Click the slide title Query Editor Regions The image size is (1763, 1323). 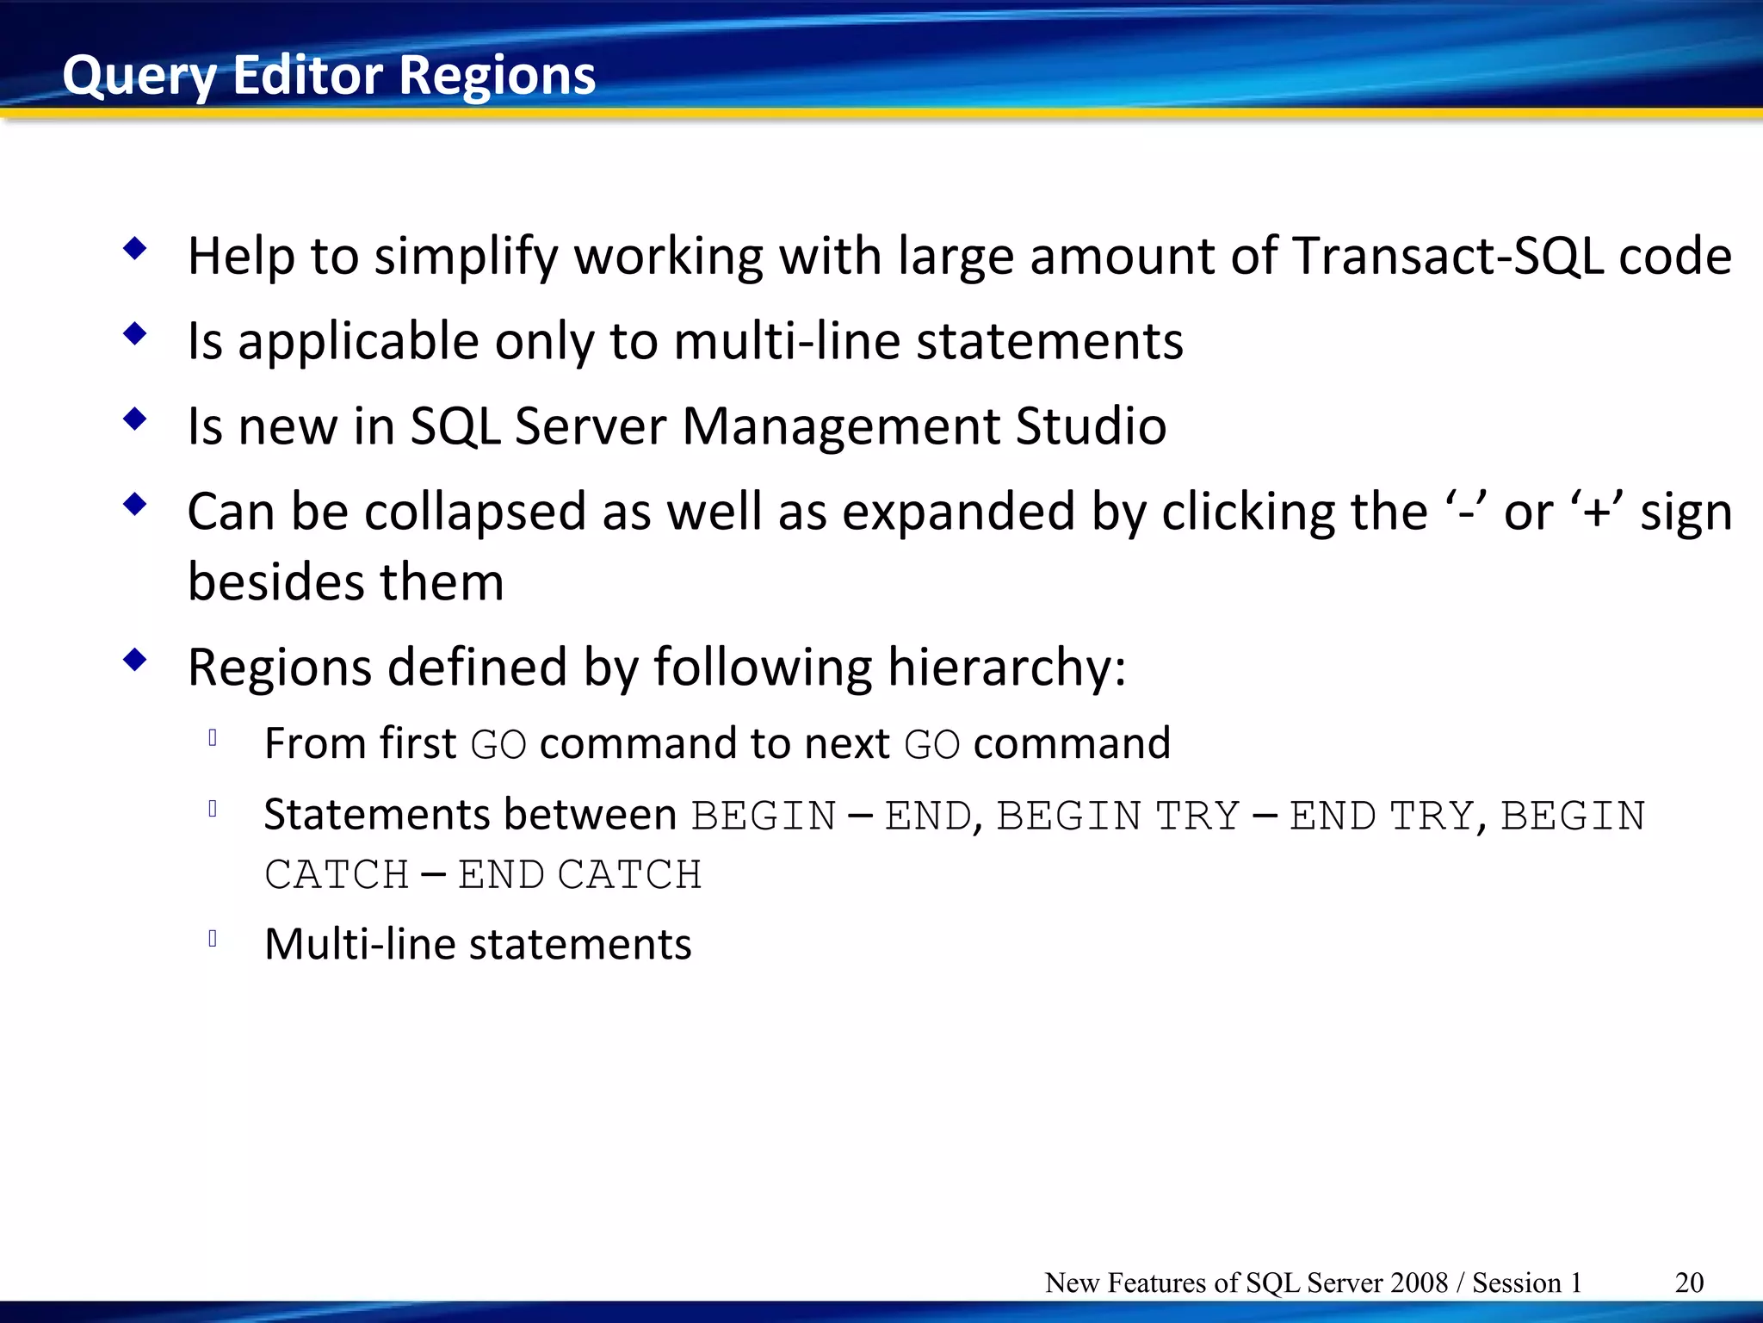pos(329,75)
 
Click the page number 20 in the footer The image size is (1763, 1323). pos(1689,1283)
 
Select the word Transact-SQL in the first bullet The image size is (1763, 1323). pos(1448,256)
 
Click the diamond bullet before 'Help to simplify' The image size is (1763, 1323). pos(135,250)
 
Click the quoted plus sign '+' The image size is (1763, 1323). pos(1598,511)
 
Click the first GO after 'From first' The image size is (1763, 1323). pos(498,744)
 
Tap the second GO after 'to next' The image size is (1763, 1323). pos(931,744)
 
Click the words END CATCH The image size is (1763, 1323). pos(580,875)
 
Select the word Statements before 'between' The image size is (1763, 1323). pos(376,814)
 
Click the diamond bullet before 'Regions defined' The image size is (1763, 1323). pos(135,661)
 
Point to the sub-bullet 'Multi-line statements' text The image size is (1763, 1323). pos(478,944)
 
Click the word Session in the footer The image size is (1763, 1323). pos(1516,1283)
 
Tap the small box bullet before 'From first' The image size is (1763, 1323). pos(213,737)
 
